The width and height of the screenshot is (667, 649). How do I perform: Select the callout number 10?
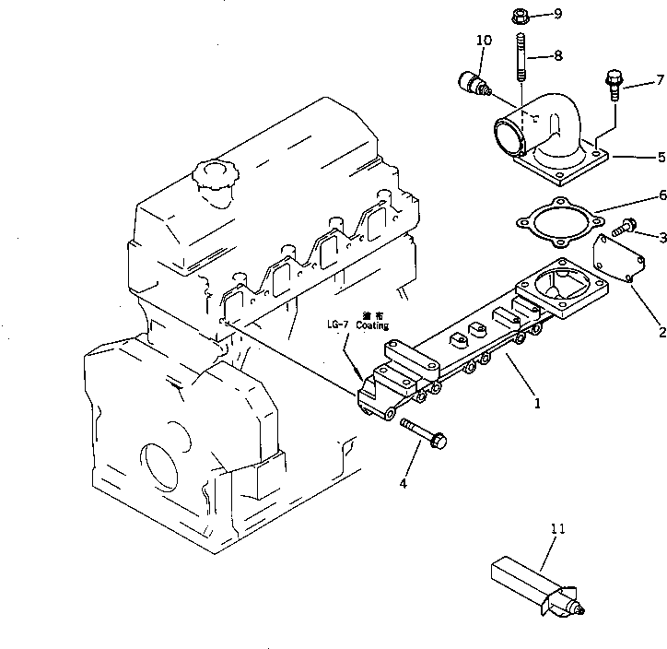484,41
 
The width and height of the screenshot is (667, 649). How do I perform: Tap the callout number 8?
557,55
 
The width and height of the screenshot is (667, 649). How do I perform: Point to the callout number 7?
660,79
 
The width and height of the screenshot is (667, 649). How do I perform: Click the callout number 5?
660,157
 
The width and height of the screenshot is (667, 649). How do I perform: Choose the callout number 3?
661,238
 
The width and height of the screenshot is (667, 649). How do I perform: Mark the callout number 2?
661,333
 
